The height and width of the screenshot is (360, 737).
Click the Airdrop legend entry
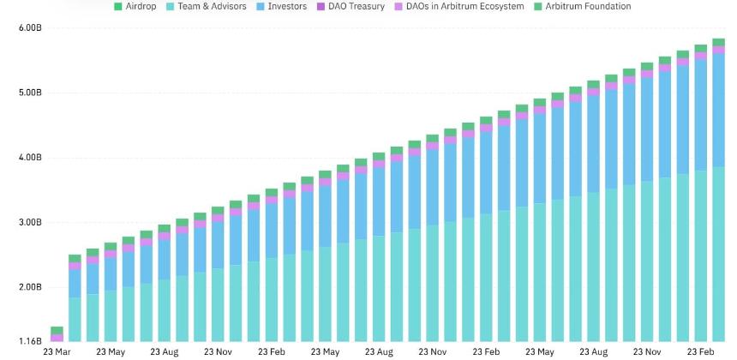click(x=135, y=7)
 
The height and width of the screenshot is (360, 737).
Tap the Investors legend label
click(x=282, y=7)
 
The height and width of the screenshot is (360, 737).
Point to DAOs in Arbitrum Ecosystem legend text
click(x=459, y=7)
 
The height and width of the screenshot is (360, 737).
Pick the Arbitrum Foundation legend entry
click(x=584, y=7)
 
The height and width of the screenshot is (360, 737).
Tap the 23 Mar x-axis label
click(x=57, y=351)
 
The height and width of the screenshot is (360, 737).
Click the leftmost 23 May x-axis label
click(x=111, y=351)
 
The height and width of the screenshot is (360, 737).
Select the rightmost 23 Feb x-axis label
click(x=701, y=351)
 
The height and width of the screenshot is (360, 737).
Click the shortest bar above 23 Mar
click(x=57, y=334)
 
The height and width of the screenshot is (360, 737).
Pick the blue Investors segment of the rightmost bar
click(x=719, y=111)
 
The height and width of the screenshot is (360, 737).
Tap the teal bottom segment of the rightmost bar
click(x=719, y=255)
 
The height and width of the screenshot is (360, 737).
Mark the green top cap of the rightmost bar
click(x=719, y=42)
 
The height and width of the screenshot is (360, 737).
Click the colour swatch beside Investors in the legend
click(x=261, y=7)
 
